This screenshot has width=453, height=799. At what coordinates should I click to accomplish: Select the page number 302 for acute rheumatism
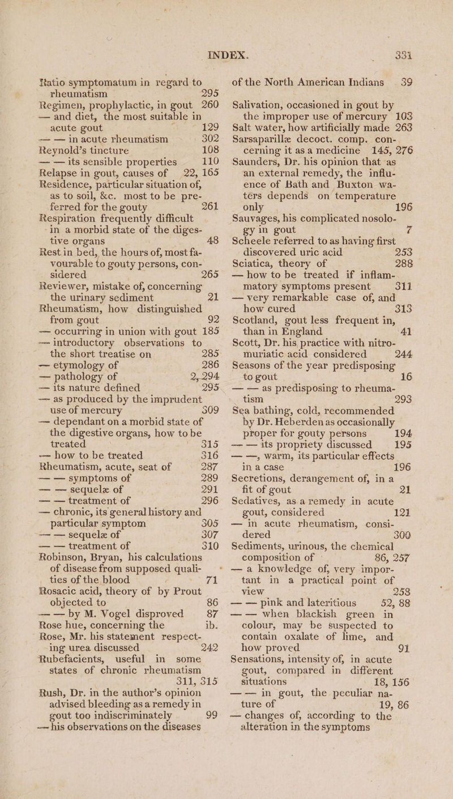click(191, 128)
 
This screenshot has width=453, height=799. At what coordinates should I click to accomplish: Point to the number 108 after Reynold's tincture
click(191, 141)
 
